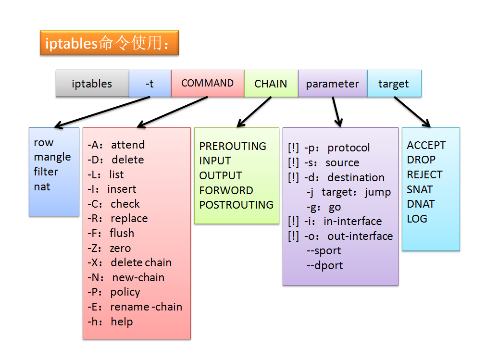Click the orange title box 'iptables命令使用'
click(109, 43)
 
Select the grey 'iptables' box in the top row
click(92, 84)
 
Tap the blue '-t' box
click(150, 84)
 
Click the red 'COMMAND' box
click(207, 83)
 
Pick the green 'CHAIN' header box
click(271, 84)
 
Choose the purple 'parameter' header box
click(332, 84)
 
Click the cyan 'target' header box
click(394, 84)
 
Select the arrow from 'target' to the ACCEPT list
click(412, 112)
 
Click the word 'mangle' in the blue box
click(52, 157)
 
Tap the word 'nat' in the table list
click(42, 186)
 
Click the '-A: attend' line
click(116, 145)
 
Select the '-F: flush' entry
click(111, 233)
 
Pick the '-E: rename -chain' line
click(135, 307)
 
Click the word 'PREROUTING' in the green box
click(233, 146)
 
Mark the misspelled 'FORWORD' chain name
click(226, 190)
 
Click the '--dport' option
click(325, 265)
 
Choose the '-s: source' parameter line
click(324, 162)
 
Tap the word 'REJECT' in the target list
click(424, 174)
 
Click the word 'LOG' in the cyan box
click(417, 219)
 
